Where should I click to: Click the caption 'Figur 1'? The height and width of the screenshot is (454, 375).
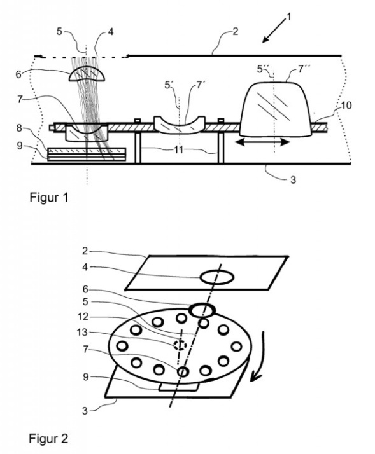(x=49, y=198)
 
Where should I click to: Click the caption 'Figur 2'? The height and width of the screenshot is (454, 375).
(x=48, y=439)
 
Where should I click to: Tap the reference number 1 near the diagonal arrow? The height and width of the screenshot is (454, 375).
(x=288, y=17)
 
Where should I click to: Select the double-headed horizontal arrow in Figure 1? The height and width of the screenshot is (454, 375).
(x=262, y=142)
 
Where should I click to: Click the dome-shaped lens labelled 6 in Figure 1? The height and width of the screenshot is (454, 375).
(x=87, y=74)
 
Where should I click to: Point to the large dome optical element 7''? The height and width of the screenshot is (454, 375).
(x=275, y=109)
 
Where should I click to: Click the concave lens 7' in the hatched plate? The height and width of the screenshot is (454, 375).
(x=180, y=125)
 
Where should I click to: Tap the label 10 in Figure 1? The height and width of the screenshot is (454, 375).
(x=346, y=106)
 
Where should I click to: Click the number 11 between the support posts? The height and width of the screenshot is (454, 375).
(x=179, y=149)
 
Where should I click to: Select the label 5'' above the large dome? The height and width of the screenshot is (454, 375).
(x=264, y=69)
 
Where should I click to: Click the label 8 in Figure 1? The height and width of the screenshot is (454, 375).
(x=19, y=128)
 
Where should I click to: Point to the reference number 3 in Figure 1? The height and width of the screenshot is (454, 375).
(x=293, y=180)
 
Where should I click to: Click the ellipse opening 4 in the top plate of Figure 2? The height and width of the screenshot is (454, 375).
(x=216, y=277)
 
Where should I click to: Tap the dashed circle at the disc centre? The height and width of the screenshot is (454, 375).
(x=180, y=345)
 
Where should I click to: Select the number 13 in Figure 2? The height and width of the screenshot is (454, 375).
(x=82, y=332)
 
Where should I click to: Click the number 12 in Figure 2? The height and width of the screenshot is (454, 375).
(x=83, y=317)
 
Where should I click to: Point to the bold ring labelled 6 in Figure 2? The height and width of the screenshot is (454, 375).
(x=202, y=310)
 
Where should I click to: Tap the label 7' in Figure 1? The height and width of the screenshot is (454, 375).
(x=200, y=85)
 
